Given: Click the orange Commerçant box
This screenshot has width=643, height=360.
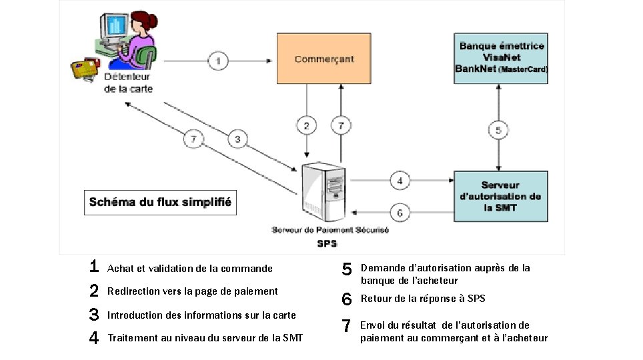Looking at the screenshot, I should point(324,59).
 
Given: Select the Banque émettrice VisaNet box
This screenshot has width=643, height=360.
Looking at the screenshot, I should point(501,58).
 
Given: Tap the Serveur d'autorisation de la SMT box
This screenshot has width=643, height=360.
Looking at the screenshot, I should point(500,196).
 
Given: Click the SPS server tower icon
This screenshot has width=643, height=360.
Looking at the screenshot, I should point(324,189).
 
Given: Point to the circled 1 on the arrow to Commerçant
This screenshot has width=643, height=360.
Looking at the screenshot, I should point(218,61).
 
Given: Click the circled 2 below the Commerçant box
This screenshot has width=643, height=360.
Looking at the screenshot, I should point(306,125).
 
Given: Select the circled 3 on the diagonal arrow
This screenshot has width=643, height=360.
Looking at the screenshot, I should point(237,139).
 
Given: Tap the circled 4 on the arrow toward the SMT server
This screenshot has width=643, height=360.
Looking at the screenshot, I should point(400,180).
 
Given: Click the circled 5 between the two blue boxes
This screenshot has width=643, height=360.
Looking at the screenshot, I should point(498,129).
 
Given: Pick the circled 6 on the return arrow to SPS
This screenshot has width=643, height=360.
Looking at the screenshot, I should point(400,213).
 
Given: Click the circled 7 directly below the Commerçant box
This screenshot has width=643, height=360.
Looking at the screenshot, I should point(341,125).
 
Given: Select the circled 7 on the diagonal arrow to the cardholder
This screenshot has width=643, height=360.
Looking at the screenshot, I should point(193,139).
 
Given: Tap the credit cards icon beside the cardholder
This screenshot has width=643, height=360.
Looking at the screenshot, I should point(85,67).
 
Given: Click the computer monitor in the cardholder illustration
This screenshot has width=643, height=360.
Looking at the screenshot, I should point(115,26).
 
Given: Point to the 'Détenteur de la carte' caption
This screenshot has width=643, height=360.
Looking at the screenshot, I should point(129,83).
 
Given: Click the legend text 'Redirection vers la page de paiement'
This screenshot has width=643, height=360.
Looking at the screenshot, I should point(193,291).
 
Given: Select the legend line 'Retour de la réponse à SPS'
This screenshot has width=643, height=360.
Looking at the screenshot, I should point(423,299).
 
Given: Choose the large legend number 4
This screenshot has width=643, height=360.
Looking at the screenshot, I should point(94,338).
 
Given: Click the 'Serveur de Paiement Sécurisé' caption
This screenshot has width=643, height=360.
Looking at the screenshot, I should point(330,230).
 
